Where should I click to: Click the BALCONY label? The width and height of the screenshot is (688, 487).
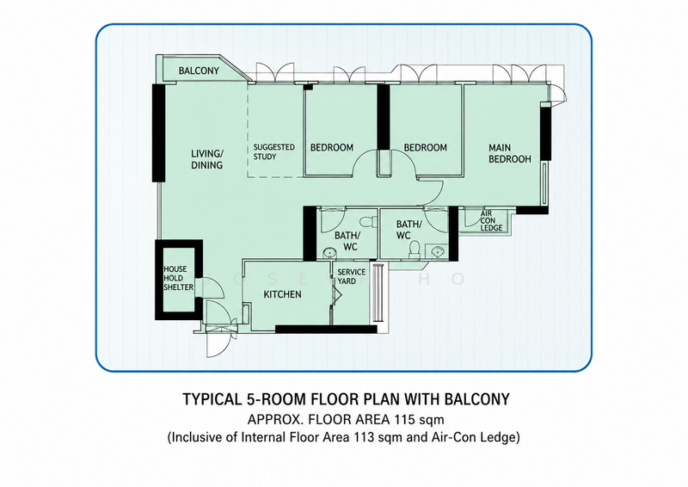(x=199, y=71)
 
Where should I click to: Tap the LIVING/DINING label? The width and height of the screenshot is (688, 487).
(x=207, y=159)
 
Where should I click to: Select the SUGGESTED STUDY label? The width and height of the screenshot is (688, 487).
(x=274, y=152)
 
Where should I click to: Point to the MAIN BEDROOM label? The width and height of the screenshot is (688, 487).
(x=510, y=153)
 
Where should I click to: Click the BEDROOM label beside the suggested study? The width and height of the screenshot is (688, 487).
(x=332, y=147)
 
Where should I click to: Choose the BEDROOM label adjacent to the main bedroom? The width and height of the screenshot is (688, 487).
(x=426, y=147)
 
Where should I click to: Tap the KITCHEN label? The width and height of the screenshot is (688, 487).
(x=283, y=294)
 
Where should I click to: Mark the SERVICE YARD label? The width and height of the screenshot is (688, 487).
(x=352, y=277)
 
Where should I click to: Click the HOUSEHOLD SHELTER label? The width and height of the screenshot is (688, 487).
(x=179, y=278)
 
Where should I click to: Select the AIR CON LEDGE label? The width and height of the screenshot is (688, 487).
(x=491, y=221)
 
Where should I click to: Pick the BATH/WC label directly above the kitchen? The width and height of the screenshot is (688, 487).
(x=347, y=241)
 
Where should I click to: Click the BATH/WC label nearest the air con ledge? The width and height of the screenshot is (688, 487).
(x=408, y=230)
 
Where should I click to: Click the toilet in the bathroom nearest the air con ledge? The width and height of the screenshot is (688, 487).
(x=414, y=250)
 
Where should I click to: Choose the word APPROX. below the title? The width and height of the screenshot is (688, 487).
(x=275, y=420)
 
